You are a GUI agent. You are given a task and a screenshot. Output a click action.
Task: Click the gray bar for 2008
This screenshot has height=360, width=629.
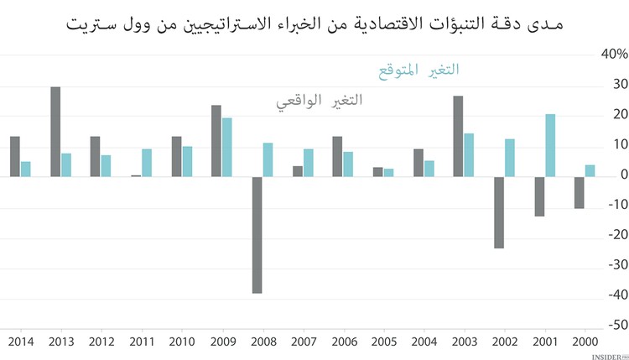(257, 235)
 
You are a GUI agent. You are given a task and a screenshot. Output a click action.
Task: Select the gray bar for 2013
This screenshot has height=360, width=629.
(55, 132)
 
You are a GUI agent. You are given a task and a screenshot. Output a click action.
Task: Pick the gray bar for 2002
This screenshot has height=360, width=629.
(499, 212)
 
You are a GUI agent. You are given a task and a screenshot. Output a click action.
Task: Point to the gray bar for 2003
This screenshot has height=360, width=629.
(458, 136)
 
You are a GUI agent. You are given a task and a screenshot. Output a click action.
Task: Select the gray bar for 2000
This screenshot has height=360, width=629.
(580, 192)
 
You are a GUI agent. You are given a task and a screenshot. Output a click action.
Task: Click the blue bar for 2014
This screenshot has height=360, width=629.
(25, 169)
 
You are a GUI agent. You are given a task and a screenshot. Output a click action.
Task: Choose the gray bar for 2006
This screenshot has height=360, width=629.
(337, 156)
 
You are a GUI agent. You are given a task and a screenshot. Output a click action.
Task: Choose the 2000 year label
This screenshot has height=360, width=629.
(585, 342)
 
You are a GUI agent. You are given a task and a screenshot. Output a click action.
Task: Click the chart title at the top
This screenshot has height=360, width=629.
(314, 23)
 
